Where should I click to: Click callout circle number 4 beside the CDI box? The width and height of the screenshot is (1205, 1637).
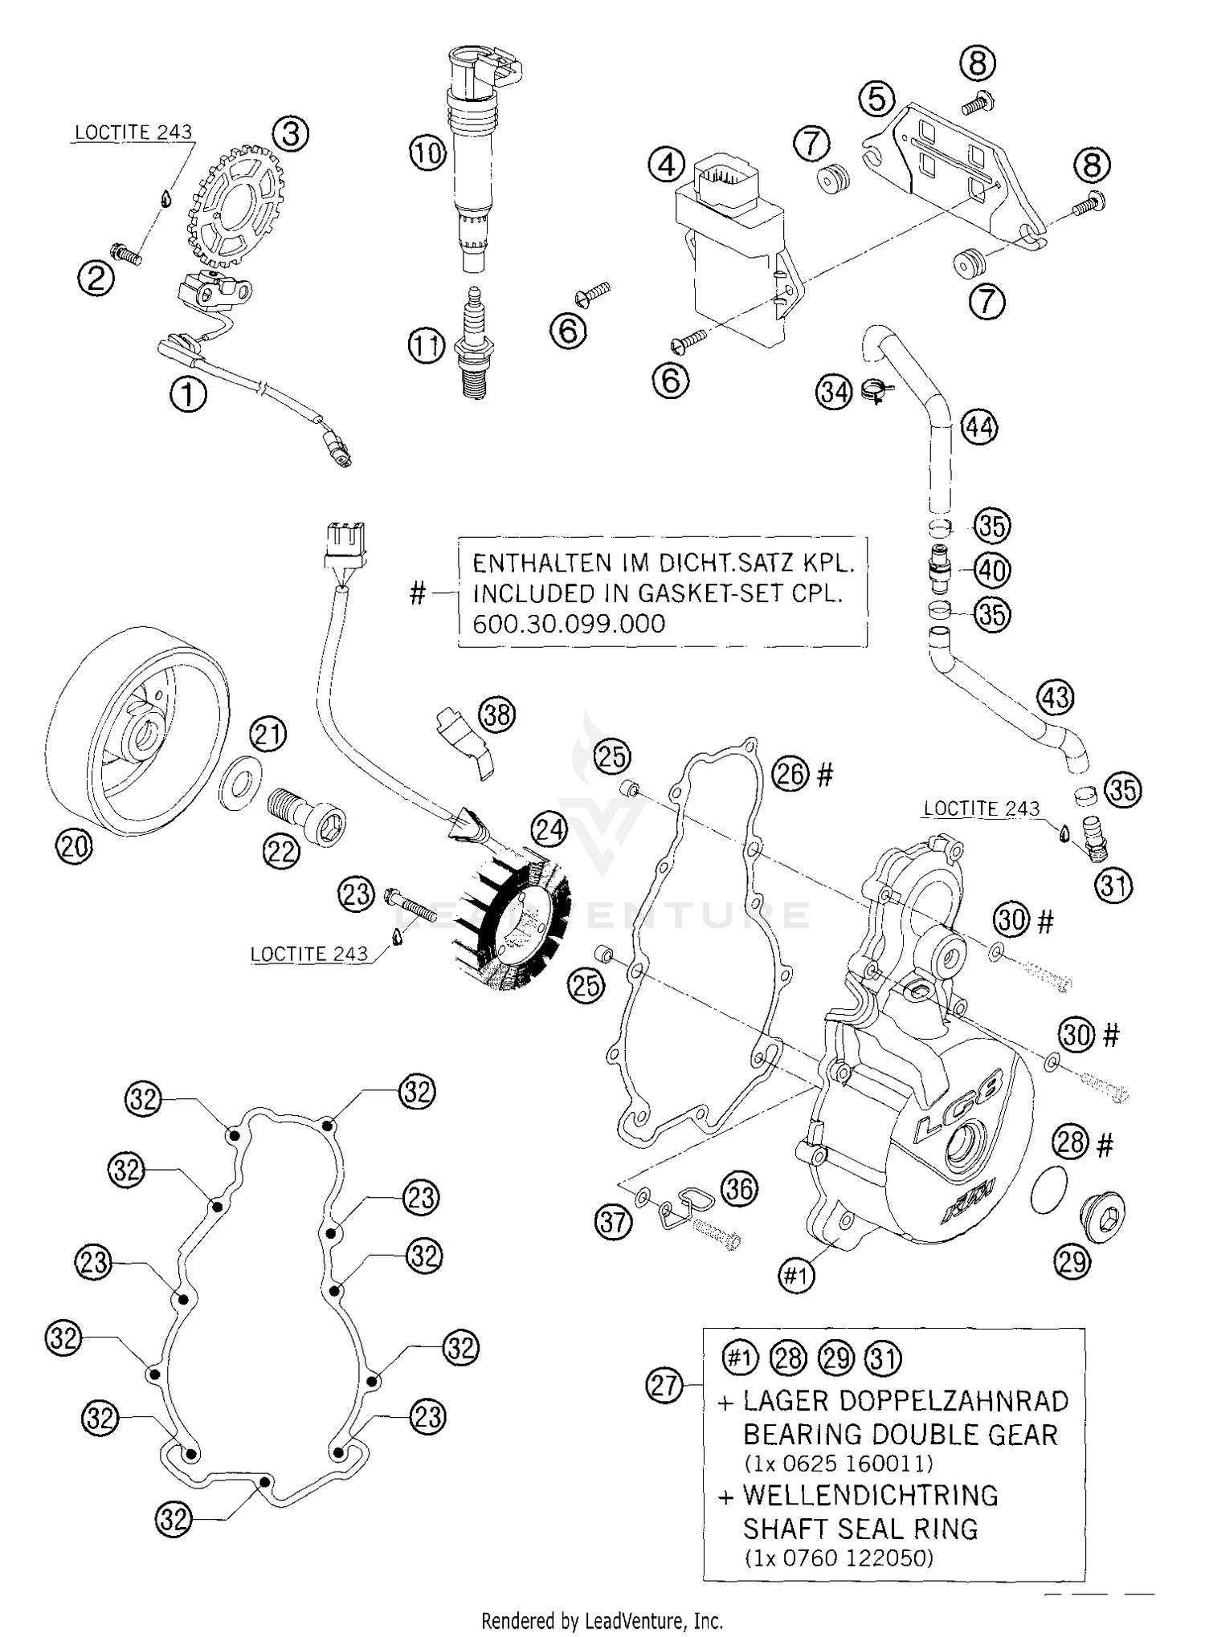click(666, 166)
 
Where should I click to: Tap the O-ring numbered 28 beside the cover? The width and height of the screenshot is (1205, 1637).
click(1049, 1187)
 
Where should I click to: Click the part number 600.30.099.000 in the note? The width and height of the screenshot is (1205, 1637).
click(569, 624)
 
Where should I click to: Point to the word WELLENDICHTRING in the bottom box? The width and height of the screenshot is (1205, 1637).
click(870, 1496)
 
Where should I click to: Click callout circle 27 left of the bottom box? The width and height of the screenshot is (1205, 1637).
click(665, 1386)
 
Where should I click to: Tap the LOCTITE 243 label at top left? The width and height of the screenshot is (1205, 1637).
click(133, 132)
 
